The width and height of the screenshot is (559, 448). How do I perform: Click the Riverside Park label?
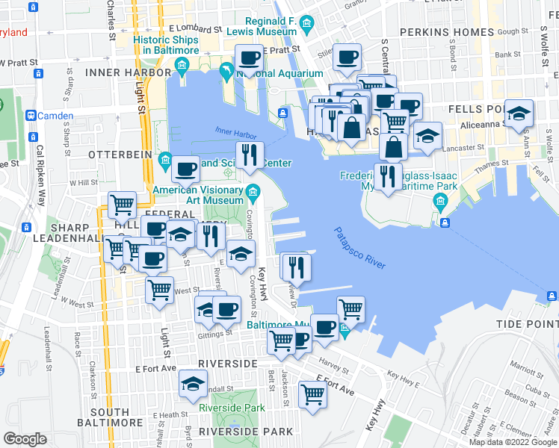tap(232, 408)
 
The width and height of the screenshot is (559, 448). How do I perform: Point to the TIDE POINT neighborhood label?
tap(528, 324)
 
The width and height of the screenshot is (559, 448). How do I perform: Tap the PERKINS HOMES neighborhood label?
tap(447, 32)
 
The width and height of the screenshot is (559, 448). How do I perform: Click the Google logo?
tap(25, 439)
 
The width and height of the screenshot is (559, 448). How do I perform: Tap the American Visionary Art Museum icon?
tap(253, 193)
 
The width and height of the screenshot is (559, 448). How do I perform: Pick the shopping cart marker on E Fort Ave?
tap(312, 393)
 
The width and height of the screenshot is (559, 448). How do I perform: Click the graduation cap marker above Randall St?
tap(194, 385)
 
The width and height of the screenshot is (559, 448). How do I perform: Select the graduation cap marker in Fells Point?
tap(519, 113)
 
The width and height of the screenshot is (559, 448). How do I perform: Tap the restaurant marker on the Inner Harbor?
tap(250, 155)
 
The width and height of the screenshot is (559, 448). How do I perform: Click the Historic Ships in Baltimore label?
tap(166, 44)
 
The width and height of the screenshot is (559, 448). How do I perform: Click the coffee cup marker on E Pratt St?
tap(250, 57)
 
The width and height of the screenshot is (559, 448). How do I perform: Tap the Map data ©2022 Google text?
tap(512, 441)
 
